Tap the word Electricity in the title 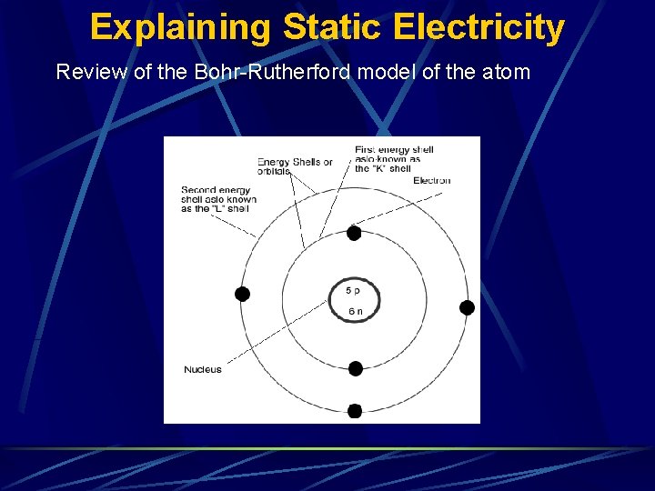point(479,27)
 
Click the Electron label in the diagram point(431,180)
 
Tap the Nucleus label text point(202,369)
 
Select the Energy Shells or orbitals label point(294,166)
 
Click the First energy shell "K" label point(393,159)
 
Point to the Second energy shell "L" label point(218,199)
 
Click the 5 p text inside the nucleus point(353,290)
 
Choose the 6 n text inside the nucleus point(355,311)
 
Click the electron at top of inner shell point(354,234)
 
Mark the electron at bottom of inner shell point(356,368)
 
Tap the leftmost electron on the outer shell point(242,294)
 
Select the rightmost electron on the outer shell point(467,307)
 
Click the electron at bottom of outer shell point(355,411)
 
